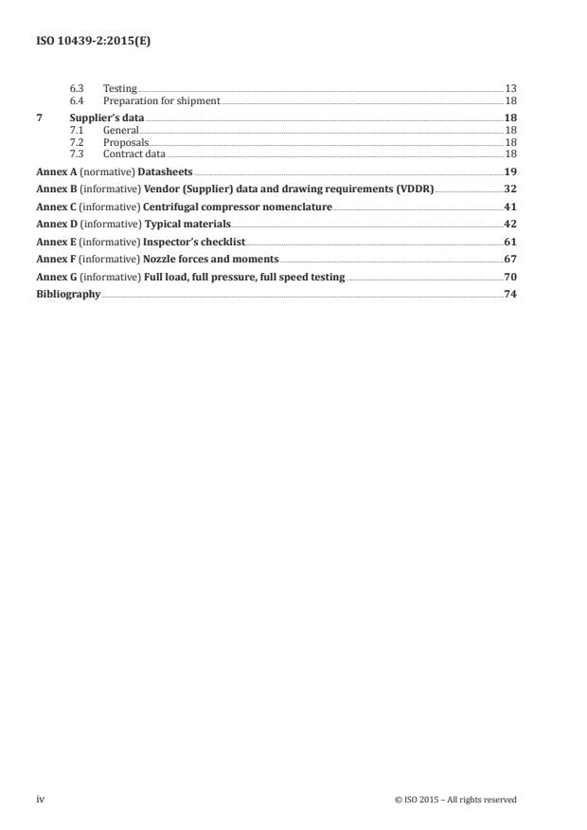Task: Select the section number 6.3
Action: (78, 88)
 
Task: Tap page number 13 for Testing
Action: (510, 88)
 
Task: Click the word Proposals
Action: (126, 140)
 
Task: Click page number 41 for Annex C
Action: (510, 207)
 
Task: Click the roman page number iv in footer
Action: (41, 800)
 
